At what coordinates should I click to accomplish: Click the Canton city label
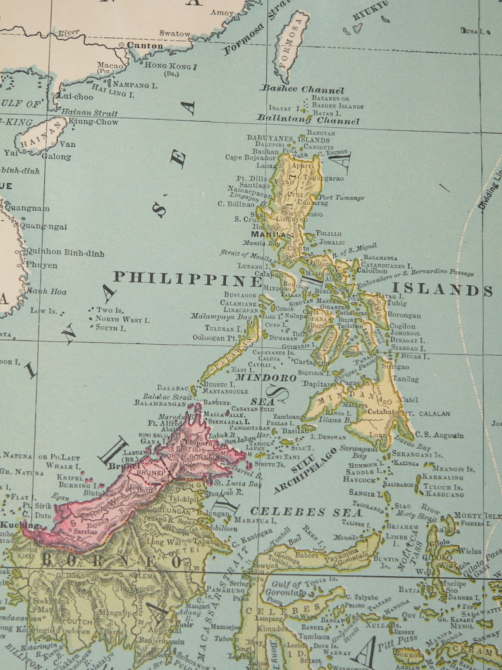click(145, 46)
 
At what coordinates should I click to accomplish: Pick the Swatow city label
click(174, 34)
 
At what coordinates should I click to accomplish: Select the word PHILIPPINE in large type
click(187, 278)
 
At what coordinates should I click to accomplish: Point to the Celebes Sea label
click(306, 511)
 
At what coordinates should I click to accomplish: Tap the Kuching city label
click(11, 525)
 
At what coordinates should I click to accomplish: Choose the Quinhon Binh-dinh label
click(64, 252)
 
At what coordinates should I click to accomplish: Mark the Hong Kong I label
click(171, 65)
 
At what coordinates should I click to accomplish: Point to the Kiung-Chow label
click(93, 121)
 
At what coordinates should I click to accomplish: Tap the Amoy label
click(222, 13)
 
